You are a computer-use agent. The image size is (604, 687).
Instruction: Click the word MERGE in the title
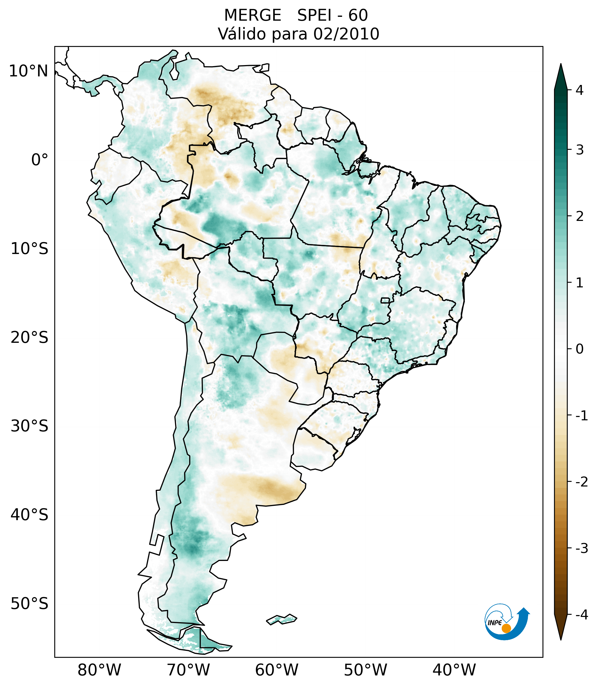(x=252, y=15)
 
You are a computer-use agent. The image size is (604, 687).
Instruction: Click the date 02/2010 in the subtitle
(x=346, y=34)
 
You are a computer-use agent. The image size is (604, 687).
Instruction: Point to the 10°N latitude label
(x=28, y=71)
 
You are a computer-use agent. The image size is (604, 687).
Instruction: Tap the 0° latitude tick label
(x=40, y=160)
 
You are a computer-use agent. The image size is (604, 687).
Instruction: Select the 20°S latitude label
(x=29, y=338)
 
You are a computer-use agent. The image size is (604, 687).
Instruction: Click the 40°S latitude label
(x=29, y=515)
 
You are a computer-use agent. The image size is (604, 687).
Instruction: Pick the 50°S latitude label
(x=29, y=604)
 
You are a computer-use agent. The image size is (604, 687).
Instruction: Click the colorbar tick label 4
(x=579, y=90)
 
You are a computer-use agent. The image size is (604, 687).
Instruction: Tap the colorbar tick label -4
(x=581, y=615)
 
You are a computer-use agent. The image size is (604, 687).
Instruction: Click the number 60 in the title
(x=358, y=15)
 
